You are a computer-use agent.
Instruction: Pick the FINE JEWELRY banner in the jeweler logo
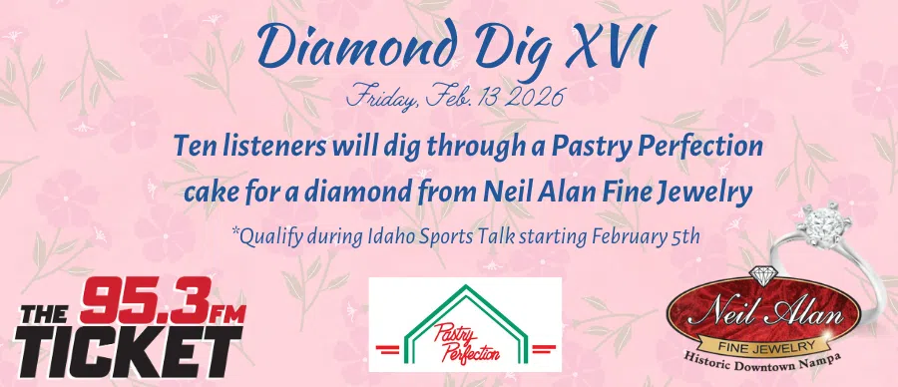point(763,336)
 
